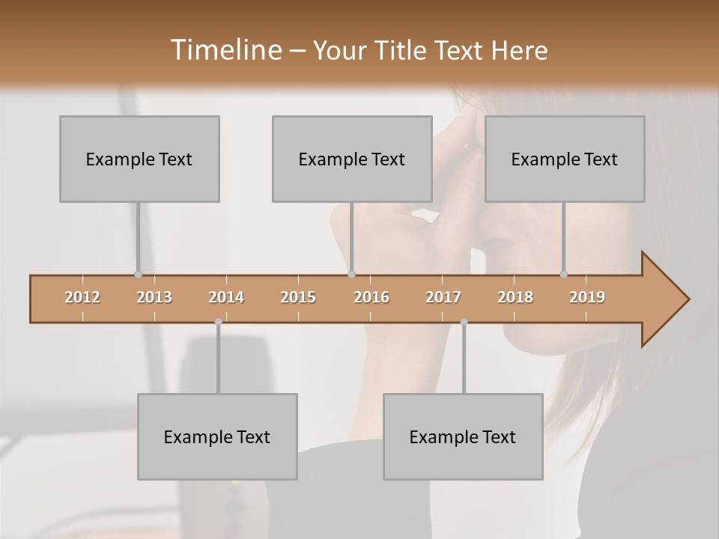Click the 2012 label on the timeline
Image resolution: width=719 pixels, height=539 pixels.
click(x=82, y=297)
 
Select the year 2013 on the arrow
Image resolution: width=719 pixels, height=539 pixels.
click(x=154, y=297)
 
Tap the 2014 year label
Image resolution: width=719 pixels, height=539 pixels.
click(x=226, y=297)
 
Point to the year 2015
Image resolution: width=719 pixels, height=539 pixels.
click(x=298, y=297)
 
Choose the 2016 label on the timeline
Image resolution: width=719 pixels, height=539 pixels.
click(x=371, y=297)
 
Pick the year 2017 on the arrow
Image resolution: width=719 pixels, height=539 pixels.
click(x=443, y=297)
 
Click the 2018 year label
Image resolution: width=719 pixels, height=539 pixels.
click(x=515, y=297)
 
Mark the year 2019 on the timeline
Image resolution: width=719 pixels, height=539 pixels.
click(x=587, y=297)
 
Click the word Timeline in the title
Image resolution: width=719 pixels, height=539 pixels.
click(x=225, y=50)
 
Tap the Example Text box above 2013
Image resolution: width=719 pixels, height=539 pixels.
click(x=139, y=159)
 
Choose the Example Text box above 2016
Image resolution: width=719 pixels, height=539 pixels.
click(x=352, y=159)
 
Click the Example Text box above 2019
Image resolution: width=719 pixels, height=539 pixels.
click(x=565, y=159)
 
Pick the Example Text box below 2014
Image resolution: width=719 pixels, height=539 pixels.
click(x=217, y=436)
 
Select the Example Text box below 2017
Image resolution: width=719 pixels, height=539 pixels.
click(x=463, y=436)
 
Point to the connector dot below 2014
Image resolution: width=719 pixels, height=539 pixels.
click(x=218, y=322)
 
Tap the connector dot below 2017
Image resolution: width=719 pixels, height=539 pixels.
click(x=464, y=322)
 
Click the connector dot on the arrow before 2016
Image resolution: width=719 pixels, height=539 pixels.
click(x=352, y=275)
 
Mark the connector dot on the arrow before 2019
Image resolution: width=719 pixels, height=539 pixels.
click(x=564, y=275)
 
